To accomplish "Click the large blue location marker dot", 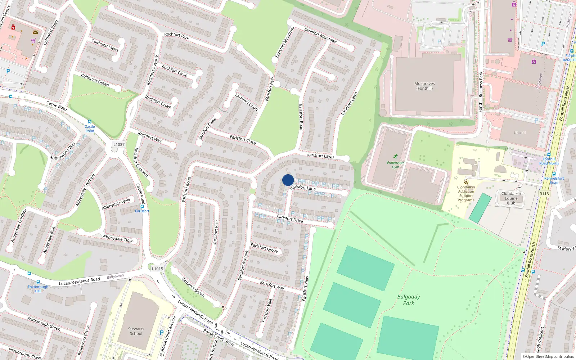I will (x=288, y=180).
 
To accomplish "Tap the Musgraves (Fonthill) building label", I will (x=424, y=86).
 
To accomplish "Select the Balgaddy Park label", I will (x=408, y=300).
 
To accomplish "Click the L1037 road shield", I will (x=119, y=144).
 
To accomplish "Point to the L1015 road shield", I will (x=157, y=269).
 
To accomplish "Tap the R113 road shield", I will (x=544, y=194).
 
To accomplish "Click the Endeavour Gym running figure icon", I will (x=396, y=156).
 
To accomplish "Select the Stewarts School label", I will (x=136, y=331).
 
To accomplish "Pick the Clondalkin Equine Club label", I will (x=511, y=198).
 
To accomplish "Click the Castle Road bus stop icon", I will (x=90, y=122).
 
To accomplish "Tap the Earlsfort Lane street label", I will (x=303, y=188).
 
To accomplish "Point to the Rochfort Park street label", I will (x=176, y=36).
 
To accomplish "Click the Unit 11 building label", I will (x=519, y=133).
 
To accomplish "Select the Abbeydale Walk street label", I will (x=116, y=204).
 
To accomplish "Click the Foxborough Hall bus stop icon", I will (x=38, y=282).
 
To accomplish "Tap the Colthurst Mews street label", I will (x=105, y=45).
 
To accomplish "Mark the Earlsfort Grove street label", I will (x=264, y=248).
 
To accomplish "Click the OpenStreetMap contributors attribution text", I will (x=548, y=356).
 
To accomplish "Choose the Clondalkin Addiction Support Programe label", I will (x=466, y=194).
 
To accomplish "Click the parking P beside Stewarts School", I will (x=162, y=333).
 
